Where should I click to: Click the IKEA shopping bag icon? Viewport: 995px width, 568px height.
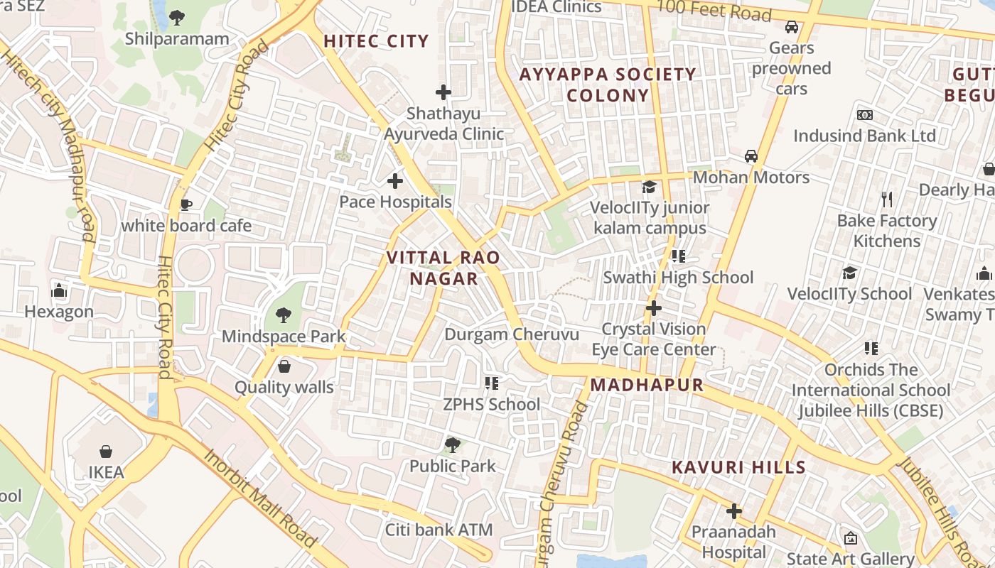coord(106,452)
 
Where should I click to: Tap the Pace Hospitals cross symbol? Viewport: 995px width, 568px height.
coord(395,181)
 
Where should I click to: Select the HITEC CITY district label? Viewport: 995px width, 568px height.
coord(377,41)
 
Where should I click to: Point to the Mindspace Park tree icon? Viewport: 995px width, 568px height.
coord(284,315)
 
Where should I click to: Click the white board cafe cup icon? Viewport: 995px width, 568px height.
coord(186,205)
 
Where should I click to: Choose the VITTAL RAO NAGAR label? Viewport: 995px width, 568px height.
coord(444,268)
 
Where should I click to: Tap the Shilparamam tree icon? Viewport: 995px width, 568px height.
coord(177,18)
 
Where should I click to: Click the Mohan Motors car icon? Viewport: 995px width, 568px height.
coord(751,156)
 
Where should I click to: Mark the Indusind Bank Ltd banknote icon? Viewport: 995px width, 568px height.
coord(865,115)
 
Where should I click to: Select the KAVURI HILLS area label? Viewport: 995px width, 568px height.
coord(739,467)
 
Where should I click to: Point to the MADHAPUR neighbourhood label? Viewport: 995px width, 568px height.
coord(647,385)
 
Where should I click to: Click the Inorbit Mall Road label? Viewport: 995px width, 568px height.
coord(261,497)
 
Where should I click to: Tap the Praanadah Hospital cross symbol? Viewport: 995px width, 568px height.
coord(734,511)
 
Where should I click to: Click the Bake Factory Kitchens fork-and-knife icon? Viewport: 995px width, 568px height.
coord(886,200)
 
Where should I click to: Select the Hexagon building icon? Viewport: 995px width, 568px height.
coord(59,290)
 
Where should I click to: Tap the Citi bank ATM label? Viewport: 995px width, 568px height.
coord(439,530)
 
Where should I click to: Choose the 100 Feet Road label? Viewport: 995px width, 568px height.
coord(714,11)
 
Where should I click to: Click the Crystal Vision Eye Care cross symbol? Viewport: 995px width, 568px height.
coord(653,308)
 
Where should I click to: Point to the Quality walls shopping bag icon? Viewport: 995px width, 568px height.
coord(284,366)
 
